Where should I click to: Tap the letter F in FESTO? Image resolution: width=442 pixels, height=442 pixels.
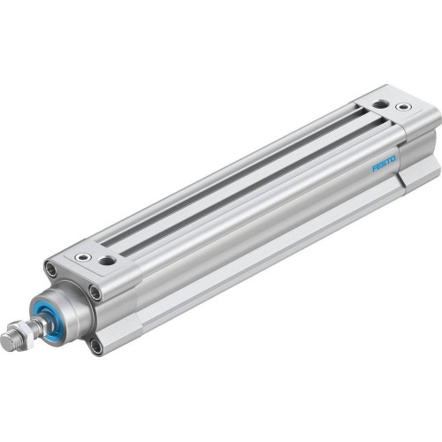[375, 169]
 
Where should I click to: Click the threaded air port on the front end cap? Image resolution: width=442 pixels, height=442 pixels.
[108, 262]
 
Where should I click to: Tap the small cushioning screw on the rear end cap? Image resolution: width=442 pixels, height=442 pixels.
[403, 107]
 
